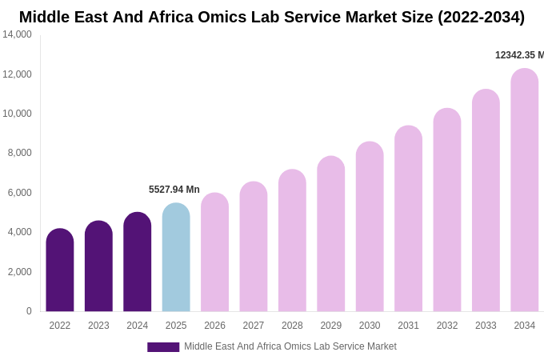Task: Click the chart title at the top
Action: click(x=272, y=17)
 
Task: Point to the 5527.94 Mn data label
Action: click(x=174, y=190)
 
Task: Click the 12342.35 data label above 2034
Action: click(x=518, y=55)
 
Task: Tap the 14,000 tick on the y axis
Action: click(x=17, y=34)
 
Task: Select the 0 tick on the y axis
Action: click(x=29, y=311)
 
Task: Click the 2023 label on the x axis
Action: click(x=98, y=326)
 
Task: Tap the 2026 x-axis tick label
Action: click(x=214, y=326)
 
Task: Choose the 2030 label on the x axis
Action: click(x=370, y=326)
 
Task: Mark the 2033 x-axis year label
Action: click(x=486, y=326)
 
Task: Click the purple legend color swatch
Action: click(x=163, y=347)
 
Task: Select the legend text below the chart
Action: click(x=290, y=346)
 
